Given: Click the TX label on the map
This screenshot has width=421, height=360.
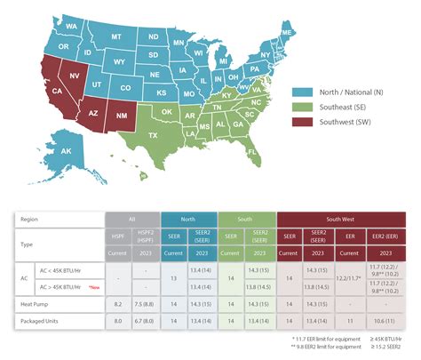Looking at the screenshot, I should click(x=154, y=133).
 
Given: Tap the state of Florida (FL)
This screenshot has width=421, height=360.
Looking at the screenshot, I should click(x=254, y=151).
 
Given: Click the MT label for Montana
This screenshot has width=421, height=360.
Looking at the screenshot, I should click(x=116, y=36).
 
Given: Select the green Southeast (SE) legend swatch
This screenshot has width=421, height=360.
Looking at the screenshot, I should click(x=302, y=105).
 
